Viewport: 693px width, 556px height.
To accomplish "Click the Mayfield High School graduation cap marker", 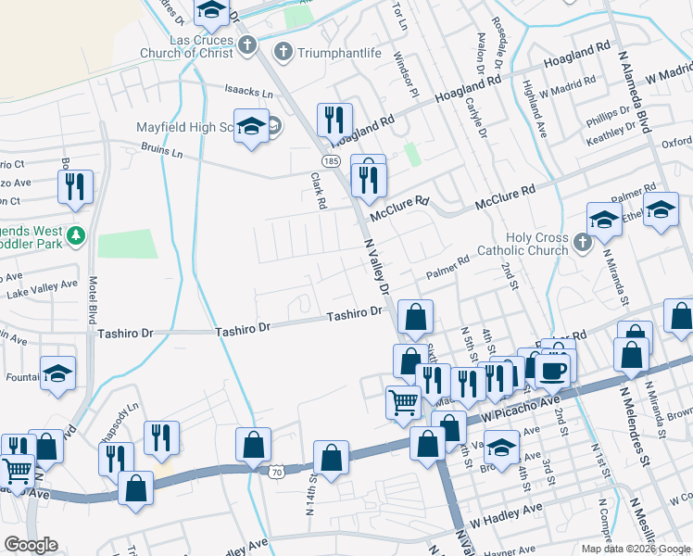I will [250, 127].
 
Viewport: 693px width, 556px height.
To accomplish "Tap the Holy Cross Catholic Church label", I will [523, 244].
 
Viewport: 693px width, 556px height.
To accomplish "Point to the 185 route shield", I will [332, 159].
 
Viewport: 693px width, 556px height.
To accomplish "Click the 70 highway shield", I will [277, 473].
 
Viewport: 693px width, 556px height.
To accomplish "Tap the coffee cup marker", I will [555, 368].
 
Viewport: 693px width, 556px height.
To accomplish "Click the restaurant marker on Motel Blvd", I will [75, 184].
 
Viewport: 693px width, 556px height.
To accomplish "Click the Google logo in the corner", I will [31, 545].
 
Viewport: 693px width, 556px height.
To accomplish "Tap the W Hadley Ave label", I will [507, 510].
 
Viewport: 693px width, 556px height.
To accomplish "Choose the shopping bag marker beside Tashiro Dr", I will [416, 317].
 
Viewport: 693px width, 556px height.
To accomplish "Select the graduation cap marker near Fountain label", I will [57, 373].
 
